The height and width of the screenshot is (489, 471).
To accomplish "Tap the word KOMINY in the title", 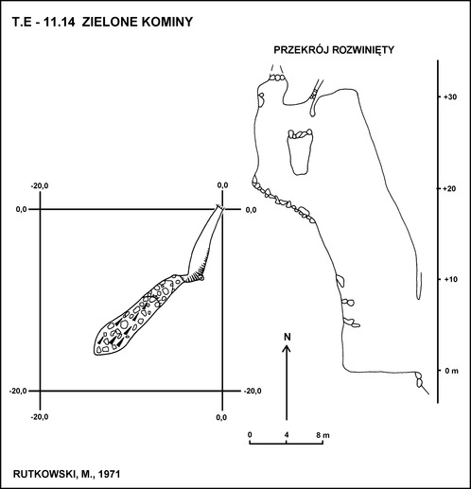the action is [x=167, y=22].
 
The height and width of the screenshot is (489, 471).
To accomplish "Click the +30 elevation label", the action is [x=450, y=97].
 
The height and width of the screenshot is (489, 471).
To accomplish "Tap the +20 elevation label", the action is [x=450, y=188].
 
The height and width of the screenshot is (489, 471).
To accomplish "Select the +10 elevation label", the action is [x=450, y=279].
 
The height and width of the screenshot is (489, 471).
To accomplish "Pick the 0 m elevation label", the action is [x=452, y=371].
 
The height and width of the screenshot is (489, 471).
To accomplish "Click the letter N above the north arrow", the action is [x=287, y=337].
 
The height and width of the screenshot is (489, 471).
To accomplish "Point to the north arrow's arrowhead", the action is [x=287, y=347].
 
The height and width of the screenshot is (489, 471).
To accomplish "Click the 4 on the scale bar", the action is [x=287, y=435].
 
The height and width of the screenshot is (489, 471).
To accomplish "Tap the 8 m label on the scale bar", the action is [x=323, y=435].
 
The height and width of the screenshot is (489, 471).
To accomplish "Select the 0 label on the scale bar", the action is [x=250, y=435].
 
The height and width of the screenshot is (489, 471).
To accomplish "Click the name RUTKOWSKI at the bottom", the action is [x=43, y=474].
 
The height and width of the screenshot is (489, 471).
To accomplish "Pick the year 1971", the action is [x=110, y=474].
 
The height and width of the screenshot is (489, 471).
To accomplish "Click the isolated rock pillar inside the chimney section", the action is [x=300, y=151].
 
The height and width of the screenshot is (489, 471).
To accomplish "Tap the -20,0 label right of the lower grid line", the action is [x=253, y=391].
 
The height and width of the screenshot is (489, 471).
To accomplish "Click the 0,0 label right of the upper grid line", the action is [x=251, y=210].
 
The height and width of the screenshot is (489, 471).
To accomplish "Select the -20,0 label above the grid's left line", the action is [x=40, y=185].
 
